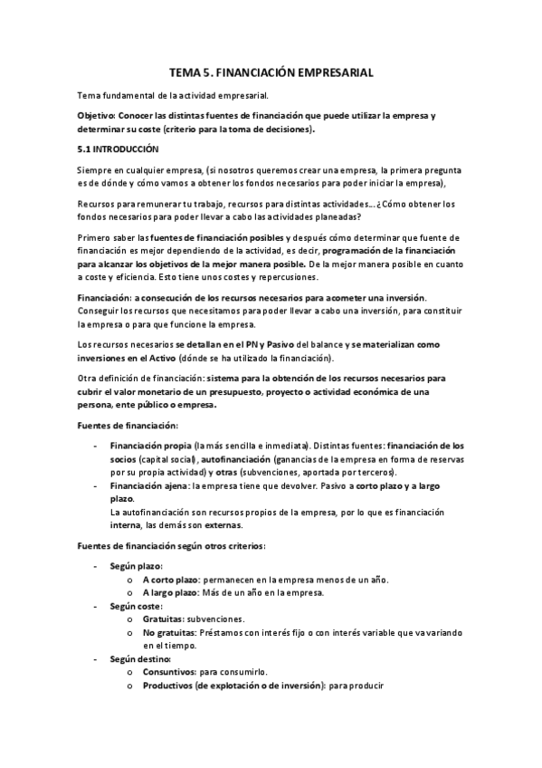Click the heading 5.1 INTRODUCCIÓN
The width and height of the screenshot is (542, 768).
coord(118,149)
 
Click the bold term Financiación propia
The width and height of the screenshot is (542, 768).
coord(144,446)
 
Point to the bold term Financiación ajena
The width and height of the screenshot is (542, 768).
coord(142,485)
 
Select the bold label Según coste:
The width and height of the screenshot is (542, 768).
coord(136,605)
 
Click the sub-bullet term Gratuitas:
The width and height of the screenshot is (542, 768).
coord(166,619)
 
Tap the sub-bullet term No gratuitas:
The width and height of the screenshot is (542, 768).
coord(169,633)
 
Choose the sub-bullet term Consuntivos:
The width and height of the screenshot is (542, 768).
coord(174,673)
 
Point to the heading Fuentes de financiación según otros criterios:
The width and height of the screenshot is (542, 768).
coord(171,545)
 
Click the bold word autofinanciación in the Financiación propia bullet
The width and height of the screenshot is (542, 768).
coord(234,459)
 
